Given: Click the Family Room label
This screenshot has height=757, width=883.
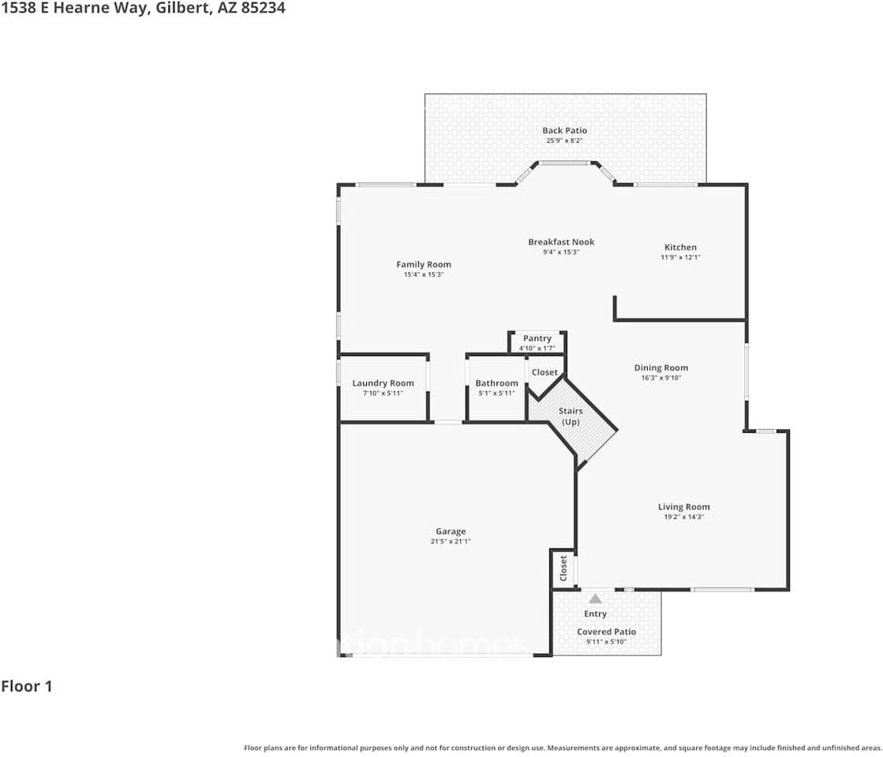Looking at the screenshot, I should [x=424, y=265].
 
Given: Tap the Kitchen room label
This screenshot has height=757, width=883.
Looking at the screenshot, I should [x=680, y=248].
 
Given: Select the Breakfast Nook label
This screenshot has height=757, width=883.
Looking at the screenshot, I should [x=561, y=242].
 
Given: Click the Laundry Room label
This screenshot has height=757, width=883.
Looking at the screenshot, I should [x=383, y=383].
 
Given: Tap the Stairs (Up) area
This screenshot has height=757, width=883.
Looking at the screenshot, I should [x=571, y=416].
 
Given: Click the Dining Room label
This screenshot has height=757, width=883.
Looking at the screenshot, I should [x=660, y=367].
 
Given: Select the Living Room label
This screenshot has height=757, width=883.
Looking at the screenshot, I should [x=683, y=507].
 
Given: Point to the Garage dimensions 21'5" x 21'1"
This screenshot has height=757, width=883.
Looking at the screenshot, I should [x=451, y=542].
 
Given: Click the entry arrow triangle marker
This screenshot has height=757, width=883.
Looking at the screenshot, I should [x=595, y=599].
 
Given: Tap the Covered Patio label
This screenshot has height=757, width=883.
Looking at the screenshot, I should [x=606, y=632].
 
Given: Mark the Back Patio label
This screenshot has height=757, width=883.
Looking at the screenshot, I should [x=564, y=131].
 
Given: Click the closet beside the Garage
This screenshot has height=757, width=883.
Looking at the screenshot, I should [x=563, y=569].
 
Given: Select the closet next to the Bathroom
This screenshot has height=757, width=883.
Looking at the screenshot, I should [x=544, y=372].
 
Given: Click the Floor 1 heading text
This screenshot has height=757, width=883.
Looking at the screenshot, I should [x=27, y=686].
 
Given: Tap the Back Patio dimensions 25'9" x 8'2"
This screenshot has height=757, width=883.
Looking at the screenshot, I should [x=564, y=141].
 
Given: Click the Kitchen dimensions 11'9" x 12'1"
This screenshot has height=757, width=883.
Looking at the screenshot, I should [x=680, y=258].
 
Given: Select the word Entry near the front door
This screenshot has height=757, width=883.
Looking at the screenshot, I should [x=595, y=613].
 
